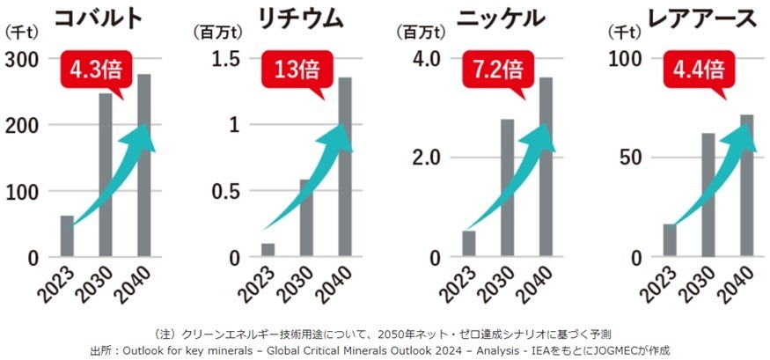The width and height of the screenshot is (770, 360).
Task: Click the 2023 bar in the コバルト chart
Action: (67, 236)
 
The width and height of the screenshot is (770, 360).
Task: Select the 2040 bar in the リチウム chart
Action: (345, 167)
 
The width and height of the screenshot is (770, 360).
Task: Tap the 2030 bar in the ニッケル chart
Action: (508, 187)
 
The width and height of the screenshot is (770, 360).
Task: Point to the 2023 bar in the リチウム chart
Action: (268, 250)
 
